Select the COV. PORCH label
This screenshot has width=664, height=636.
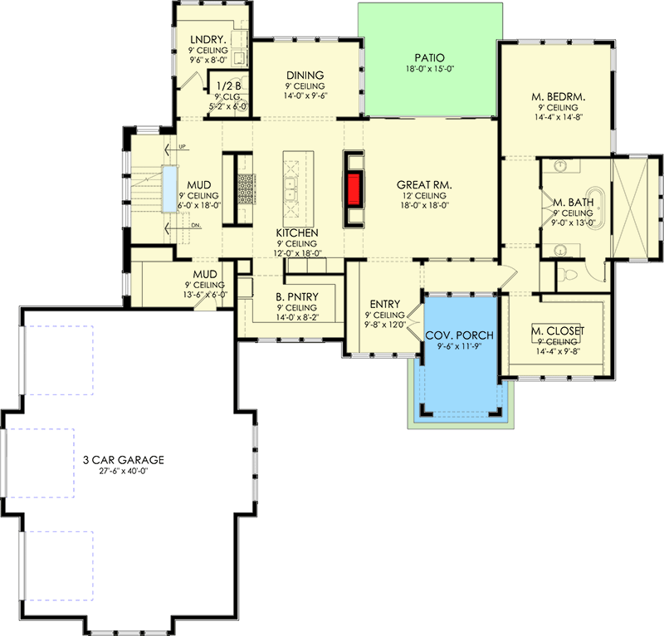click(460, 335)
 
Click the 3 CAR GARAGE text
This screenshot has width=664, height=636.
click(124, 459)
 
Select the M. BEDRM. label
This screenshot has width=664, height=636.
click(559, 96)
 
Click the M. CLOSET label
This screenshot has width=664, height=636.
click(558, 331)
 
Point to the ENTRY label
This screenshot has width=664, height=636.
click(383, 304)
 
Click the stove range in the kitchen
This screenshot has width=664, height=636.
click(247, 188)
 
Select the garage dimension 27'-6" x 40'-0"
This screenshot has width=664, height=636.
click(124, 471)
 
